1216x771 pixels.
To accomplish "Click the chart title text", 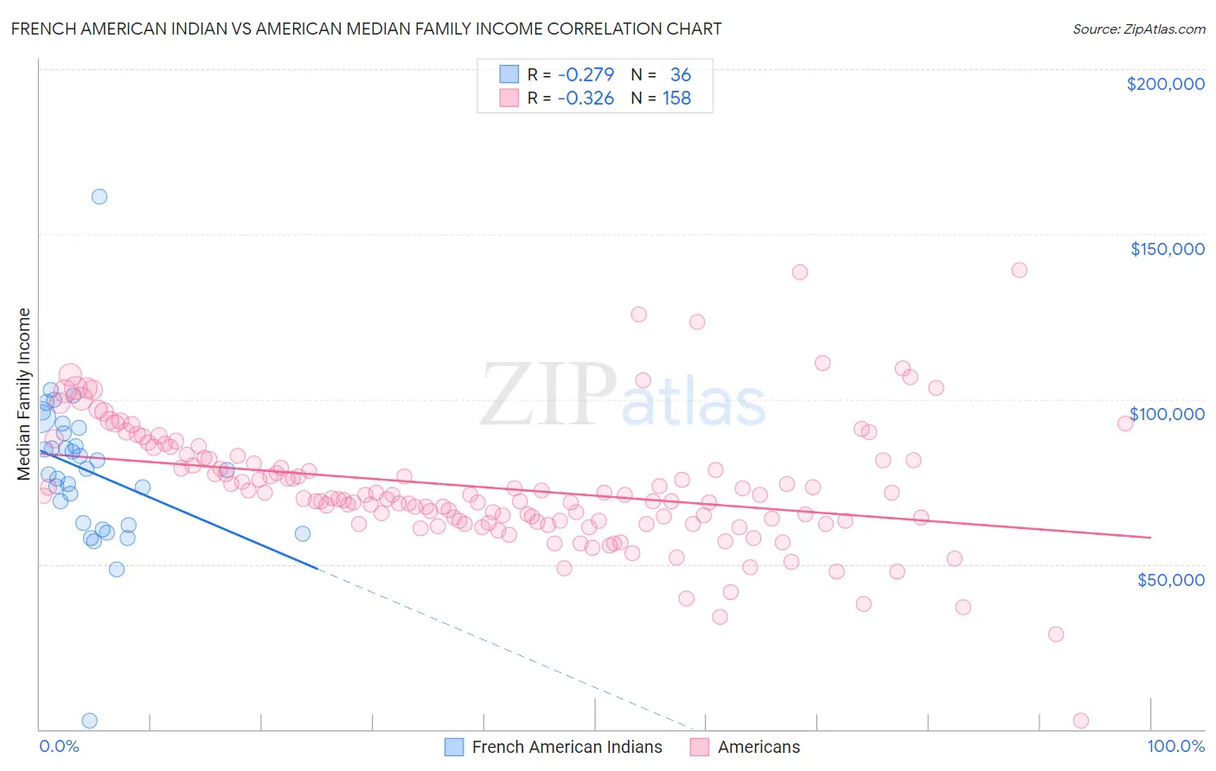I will click(x=366, y=29).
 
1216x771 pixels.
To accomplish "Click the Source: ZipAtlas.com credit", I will click(x=1138, y=29).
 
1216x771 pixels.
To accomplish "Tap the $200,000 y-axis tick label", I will click(x=1165, y=84).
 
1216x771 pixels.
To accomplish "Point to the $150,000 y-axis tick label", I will click(x=1167, y=249).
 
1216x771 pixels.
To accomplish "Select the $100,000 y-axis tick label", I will click(x=1167, y=414).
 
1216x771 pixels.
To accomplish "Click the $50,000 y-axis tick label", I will click(x=1170, y=579).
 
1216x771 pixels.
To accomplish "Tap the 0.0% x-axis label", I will click(x=59, y=746).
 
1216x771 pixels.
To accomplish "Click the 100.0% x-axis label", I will click(x=1175, y=746).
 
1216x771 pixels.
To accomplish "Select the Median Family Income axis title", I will click(x=24, y=393).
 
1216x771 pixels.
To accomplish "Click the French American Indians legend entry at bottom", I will click(x=554, y=747).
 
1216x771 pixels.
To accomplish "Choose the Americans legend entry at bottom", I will click(x=746, y=747).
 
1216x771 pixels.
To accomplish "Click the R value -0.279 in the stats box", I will click(x=586, y=75).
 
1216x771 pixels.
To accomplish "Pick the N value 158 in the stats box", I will click(x=676, y=99).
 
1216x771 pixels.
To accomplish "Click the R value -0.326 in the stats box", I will click(x=586, y=99).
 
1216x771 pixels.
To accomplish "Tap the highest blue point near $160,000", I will click(x=99, y=196).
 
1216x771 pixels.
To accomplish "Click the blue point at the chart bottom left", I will click(x=89, y=720).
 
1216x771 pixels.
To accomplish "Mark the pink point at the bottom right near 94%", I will click(x=1080, y=720).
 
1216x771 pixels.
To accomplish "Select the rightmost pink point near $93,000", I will click(x=1125, y=423).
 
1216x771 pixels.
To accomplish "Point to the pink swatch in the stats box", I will click(x=509, y=98).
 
